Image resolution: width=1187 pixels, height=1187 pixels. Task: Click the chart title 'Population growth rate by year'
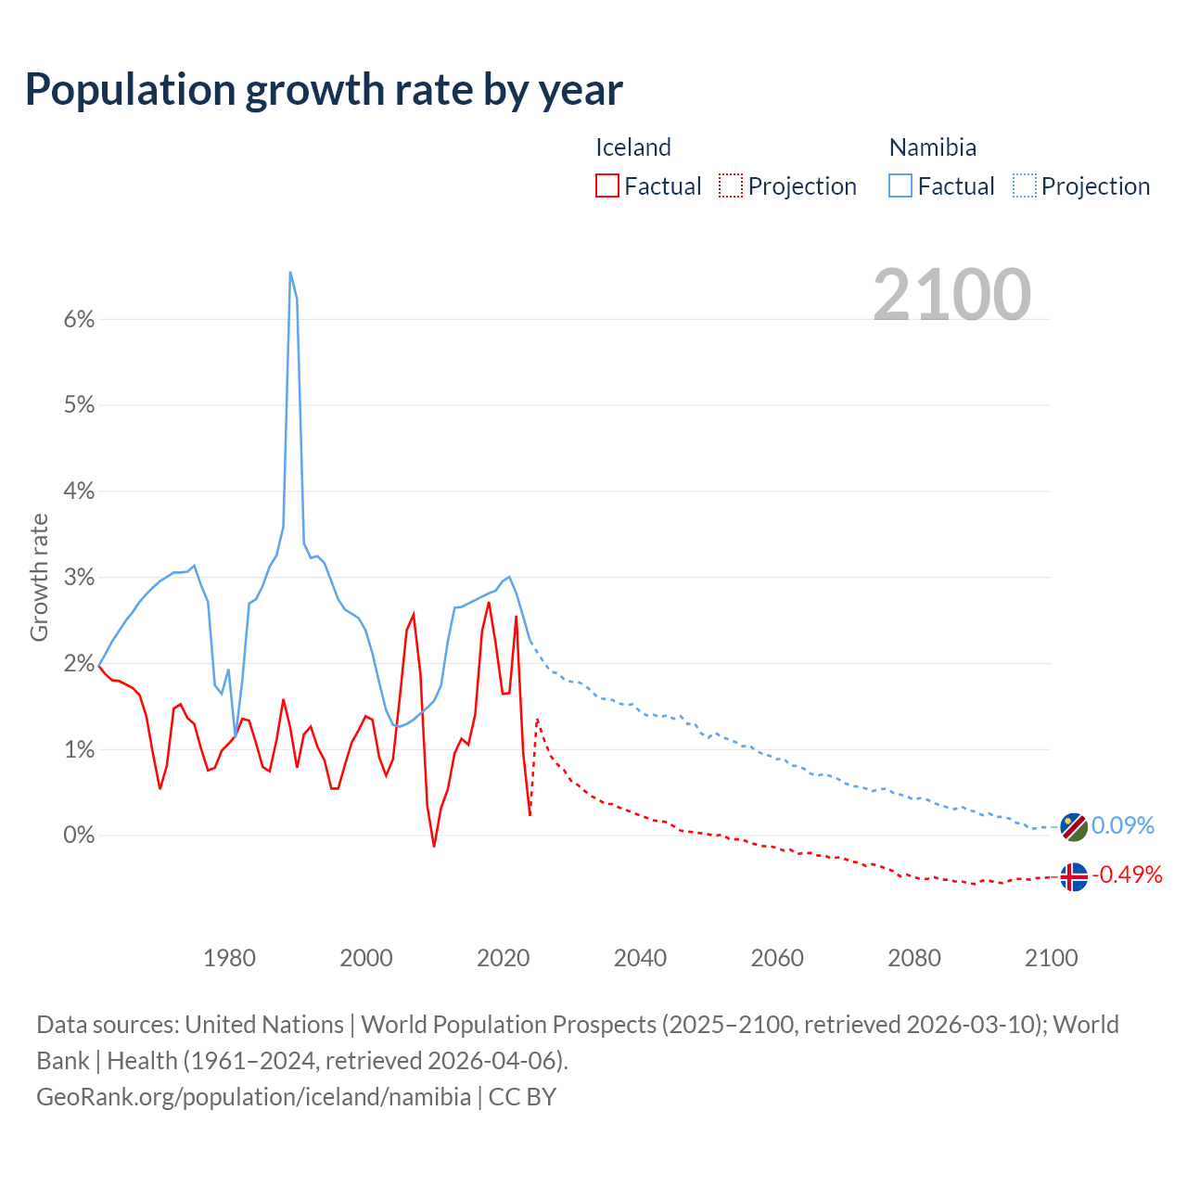coord(324,90)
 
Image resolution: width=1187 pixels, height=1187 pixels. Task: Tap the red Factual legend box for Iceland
coord(606,185)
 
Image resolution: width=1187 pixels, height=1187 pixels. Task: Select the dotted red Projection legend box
coord(731,185)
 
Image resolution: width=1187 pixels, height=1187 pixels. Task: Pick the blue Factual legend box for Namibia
coord(900,185)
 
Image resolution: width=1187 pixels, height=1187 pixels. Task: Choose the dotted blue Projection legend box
coord(1024,185)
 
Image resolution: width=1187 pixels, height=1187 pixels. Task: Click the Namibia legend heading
coord(932,147)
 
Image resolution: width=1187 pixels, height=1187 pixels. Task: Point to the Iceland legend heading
coord(632,147)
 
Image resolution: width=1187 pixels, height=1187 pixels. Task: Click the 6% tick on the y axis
coord(79,320)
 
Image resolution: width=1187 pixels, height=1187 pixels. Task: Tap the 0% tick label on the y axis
coord(79,836)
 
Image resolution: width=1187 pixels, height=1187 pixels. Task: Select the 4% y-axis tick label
coord(79,491)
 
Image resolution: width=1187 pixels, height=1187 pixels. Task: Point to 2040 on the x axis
coord(640,958)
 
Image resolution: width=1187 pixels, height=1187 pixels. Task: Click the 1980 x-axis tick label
coord(229,958)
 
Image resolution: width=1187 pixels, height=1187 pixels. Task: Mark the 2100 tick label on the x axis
coord(1051,958)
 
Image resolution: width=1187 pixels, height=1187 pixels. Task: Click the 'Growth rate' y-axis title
coord(39,577)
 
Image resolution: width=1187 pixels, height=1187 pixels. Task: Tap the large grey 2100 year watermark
coord(951,294)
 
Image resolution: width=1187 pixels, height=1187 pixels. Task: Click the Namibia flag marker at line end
coord(1073,827)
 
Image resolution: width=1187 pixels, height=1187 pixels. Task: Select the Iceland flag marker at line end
coord(1073,876)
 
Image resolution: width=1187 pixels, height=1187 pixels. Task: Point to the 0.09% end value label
coord(1122,825)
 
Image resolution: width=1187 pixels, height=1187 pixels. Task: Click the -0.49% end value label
coord(1126,874)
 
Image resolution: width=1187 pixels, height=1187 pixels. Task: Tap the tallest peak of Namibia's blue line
coord(290,273)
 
